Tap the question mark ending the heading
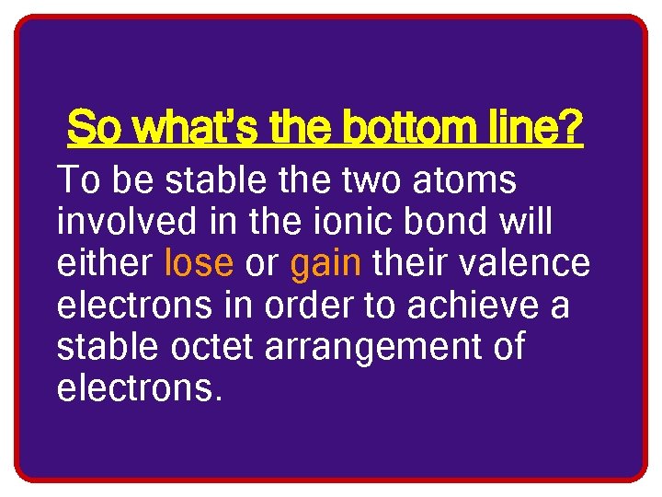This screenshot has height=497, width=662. [x=571, y=128]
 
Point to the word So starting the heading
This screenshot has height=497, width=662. [x=94, y=128]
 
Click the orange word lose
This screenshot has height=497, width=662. [x=199, y=264]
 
